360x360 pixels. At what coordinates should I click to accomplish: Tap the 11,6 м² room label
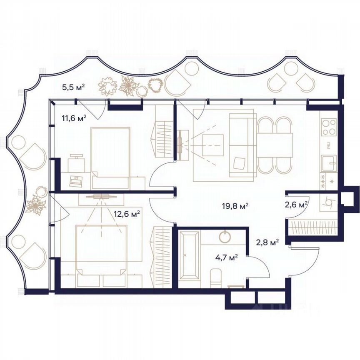coord(74,118)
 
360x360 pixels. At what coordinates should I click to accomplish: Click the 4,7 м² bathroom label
coord(225,257)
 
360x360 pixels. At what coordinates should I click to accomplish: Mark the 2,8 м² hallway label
coord(267,241)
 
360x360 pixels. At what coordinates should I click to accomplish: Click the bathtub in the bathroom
coord(190,255)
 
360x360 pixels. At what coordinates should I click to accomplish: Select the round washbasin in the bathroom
coord(225,237)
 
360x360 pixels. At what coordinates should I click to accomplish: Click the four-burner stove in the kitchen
coord(329,127)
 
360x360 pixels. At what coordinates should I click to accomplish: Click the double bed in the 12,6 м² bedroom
coord(101,250)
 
